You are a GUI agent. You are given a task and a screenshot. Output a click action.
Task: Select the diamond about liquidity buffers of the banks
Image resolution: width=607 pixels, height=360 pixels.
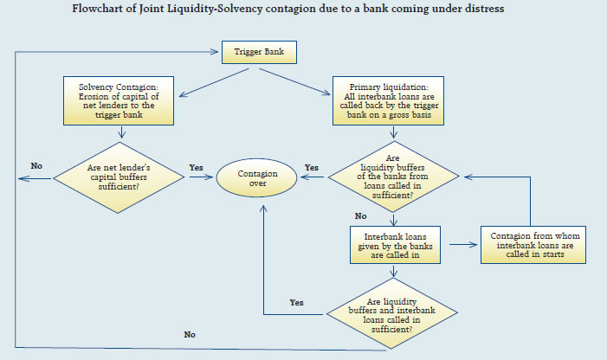pos(395,177)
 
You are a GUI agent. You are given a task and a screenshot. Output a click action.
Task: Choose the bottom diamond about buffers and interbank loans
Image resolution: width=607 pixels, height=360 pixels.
pos(395,310)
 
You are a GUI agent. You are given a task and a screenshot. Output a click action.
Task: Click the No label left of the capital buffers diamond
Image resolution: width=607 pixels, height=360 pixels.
pos(36,165)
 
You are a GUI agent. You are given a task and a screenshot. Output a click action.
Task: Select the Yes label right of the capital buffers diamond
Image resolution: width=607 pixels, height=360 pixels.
pos(196,165)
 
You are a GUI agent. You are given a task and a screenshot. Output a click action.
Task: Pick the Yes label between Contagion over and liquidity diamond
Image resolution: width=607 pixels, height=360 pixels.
pos(312,166)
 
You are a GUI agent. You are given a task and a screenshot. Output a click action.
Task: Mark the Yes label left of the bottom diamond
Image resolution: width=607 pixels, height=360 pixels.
pos(296,302)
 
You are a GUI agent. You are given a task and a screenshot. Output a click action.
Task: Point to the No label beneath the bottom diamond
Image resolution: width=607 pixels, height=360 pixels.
pos(190,335)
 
